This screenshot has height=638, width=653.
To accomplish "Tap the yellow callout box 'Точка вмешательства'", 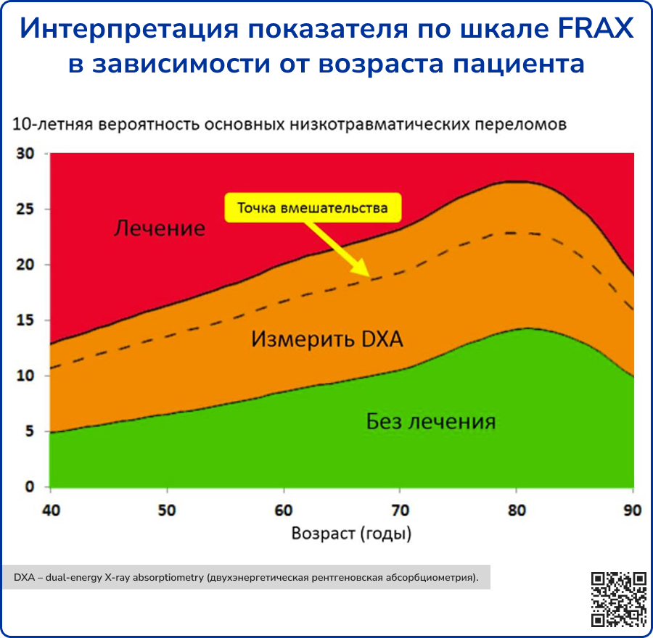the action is (313, 207).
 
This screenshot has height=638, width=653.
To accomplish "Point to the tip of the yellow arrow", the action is (369, 276).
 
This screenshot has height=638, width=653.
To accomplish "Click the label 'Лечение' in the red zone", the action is (160, 228).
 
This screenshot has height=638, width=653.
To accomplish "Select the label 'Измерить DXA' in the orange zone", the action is (327, 339).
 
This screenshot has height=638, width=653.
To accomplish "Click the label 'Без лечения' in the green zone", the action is (431, 421).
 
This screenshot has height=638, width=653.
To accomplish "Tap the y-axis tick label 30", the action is (25, 154).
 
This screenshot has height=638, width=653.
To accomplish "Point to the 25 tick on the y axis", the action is (25, 209).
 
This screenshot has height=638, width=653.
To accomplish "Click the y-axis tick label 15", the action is (25, 320).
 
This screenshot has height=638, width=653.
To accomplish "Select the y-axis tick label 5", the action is (29, 431).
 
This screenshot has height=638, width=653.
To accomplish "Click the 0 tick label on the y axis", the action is (29, 486).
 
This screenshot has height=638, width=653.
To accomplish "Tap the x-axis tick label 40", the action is (51, 510).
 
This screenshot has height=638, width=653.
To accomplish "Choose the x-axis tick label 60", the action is (284, 510).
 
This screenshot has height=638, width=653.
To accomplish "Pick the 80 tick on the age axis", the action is (517, 510).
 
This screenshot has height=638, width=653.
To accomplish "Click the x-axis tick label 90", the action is (632, 510).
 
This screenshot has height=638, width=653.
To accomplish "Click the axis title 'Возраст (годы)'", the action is (351, 534).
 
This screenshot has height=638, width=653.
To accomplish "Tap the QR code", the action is (618, 600).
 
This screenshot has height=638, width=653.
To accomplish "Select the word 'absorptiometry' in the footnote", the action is (168, 578).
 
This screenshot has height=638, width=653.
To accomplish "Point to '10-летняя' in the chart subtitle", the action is (52, 124).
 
